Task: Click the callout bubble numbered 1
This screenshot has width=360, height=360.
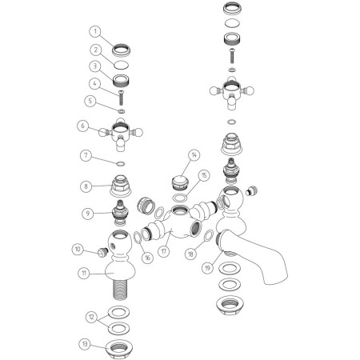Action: click(x=95, y=31)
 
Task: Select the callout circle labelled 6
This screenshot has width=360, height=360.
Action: click(x=83, y=126)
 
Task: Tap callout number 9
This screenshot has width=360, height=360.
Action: click(x=88, y=214)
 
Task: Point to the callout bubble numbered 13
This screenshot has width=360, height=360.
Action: click(x=85, y=343)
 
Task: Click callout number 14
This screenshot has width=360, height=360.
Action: click(x=194, y=155)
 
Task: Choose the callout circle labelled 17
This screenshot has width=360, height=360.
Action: click(x=164, y=251)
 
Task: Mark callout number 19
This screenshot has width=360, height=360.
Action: click(x=208, y=267)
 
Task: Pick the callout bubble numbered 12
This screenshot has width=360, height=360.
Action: click(x=92, y=317)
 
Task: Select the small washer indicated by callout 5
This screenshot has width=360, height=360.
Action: click(x=122, y=110)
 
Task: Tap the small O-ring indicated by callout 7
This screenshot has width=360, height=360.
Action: click(x=121, y=163)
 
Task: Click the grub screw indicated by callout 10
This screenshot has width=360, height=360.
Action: click(x=102, y=252)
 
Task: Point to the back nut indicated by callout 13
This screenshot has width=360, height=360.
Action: click(x=119, y=349)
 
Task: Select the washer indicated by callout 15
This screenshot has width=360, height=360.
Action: click(x=179, y=198)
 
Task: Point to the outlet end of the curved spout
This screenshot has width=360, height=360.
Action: click(x=275, y=279)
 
